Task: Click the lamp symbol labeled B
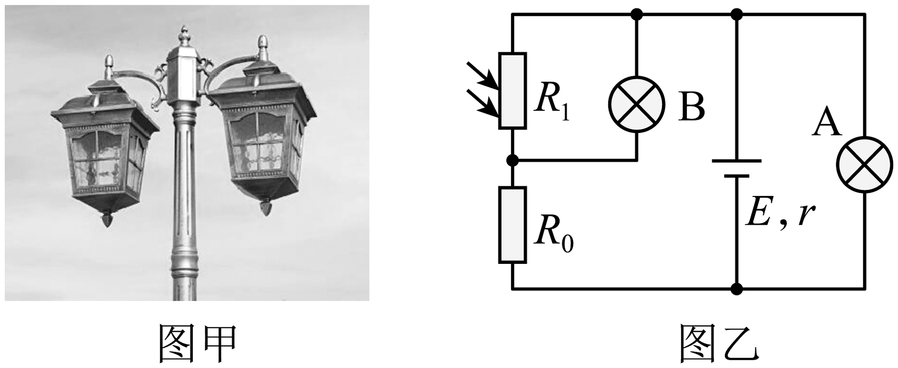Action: tap(636, 105)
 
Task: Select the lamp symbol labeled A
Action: tap(865, 164)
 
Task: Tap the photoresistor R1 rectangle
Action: tap(512, 91)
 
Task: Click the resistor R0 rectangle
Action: tap(512, 225)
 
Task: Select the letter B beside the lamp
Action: tap(691, 108)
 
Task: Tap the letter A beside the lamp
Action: tap(827, 123)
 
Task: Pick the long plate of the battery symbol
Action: tap(736, 160)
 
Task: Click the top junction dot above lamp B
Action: tap(637, 14)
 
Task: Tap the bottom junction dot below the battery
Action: tap(736, 289)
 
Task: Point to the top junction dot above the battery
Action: tap(736, 14)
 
